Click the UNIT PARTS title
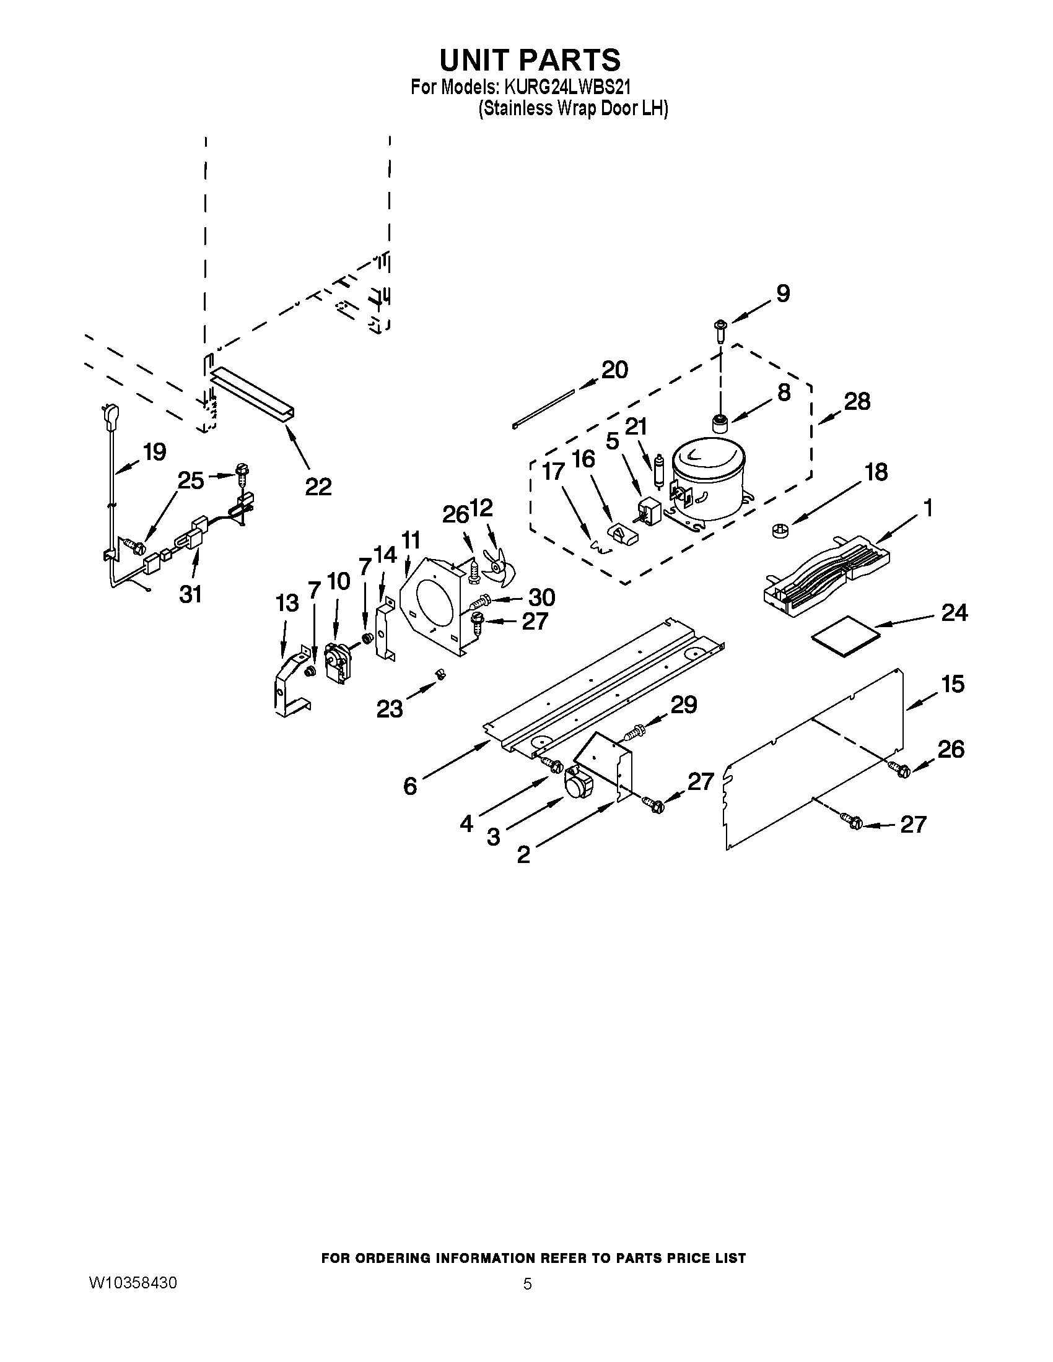pyautogui.click(x=530, y=61)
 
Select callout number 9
pyautogui.click(x=782, y=293)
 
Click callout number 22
pyautogui.click(x=318, y=486)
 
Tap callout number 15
pyautogui.click(x=953, y=684)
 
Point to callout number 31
pyautogui.click(x=190, y=594)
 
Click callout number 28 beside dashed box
pyautogui.click(x=857, y=401)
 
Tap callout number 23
pyautogui.click(x=389, y=709)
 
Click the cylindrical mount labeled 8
pyautogui.click(x=720, y=424)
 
